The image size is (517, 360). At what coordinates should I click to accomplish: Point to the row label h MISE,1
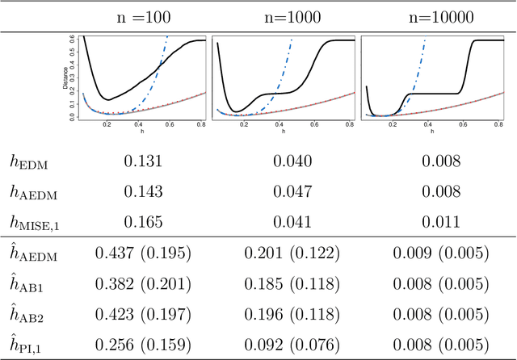(36, 220)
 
